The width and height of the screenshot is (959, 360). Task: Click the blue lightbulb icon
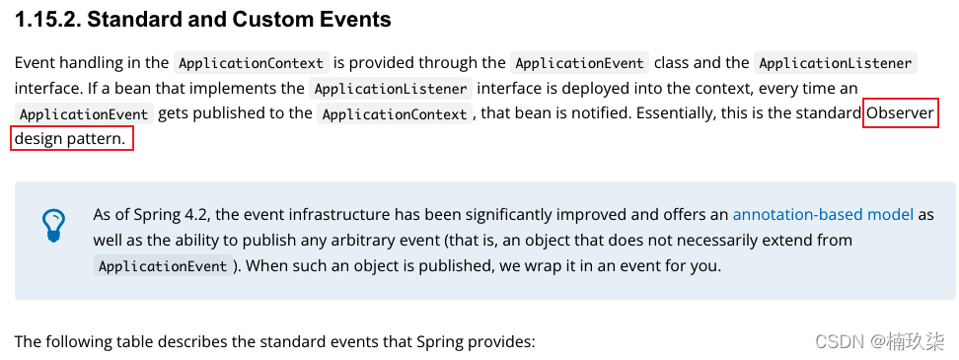(52, 225)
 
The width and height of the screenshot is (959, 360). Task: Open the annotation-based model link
(823, 214)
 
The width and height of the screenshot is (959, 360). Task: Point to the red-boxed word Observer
(900, 113)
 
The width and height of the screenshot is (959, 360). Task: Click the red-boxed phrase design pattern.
(71, 139)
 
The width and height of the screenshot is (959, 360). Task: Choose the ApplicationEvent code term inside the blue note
(163, 266)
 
